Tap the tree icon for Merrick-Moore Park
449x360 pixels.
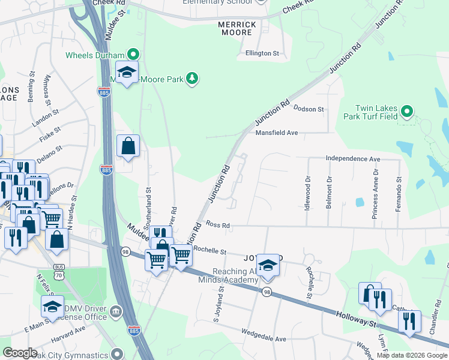[x=191, y=78]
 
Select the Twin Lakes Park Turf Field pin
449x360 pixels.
[x=407, y=111]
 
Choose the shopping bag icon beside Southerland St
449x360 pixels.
[x=128, y=145]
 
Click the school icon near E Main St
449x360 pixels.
[x=53, y=306]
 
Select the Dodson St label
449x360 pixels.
[x=309, y=109]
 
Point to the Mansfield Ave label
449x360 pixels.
[x=277, y=133]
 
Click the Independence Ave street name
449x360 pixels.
[x=353, y=158]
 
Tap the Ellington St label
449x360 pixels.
[x=262, y=53]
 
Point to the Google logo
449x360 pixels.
[x=20, y=353]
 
